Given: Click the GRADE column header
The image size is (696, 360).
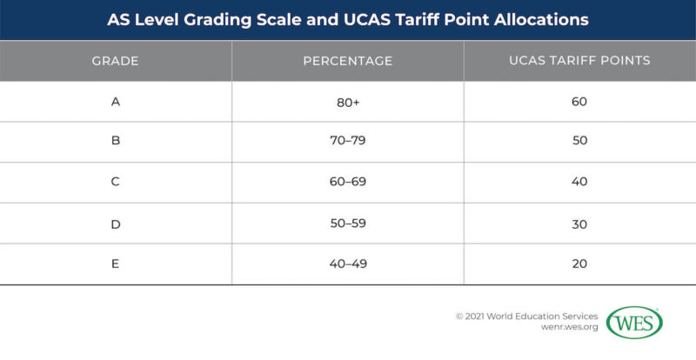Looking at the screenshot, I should click(116, 61).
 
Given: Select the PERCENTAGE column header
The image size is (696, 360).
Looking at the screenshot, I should click(347, 61).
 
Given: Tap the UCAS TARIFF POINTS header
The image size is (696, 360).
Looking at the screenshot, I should click(579, 61).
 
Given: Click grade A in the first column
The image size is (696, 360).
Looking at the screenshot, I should click(116, 102).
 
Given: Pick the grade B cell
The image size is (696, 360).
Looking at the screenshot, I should click(116, 141).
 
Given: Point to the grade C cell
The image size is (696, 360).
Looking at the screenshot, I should click(116, 182).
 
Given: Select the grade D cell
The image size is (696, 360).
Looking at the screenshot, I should click(116, 223).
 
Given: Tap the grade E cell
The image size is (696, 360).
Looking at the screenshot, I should click(116, 263).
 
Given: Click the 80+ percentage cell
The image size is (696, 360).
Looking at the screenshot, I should click(347, 102).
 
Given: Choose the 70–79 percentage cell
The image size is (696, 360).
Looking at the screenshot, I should click(347, 141).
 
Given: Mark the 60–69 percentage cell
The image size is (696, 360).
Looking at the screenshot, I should click(347, 182).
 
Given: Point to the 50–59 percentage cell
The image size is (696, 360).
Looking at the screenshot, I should click(347, 223).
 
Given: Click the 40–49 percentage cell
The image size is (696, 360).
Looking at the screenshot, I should click(347, 263).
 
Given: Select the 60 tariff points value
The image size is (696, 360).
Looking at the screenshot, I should click(579, 102).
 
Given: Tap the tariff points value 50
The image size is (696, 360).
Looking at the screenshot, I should click(579, 141).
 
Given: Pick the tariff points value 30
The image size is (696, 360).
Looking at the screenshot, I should click(579, 223).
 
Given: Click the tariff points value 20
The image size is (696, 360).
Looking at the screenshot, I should click(579, 263).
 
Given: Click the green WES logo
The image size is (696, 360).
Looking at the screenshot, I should click(634, 323).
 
